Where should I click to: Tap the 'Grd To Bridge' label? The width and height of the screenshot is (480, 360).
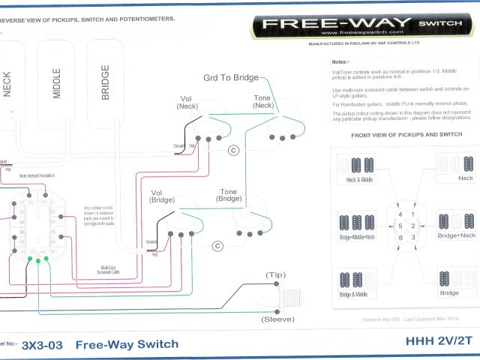click(231, 78)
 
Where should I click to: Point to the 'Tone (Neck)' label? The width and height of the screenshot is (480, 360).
click(263, 102)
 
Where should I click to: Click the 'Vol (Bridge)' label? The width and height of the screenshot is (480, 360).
click(163, 197)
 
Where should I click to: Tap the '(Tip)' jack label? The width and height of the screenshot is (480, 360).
click(276, 275)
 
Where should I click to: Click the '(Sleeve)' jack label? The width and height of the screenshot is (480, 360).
click(277, 319)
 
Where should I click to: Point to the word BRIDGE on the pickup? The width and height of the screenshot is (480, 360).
click(105, 82)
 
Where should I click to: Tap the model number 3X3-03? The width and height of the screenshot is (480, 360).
click(43, 345)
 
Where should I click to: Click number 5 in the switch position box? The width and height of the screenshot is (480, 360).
click(400, 226)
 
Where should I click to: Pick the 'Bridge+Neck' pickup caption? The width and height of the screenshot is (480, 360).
click(457, 235)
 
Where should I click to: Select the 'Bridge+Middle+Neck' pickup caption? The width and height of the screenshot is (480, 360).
click(358, 237)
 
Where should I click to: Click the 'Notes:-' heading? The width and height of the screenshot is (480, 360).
click(340, 61)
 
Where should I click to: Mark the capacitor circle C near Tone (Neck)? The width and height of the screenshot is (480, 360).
click(233, 151)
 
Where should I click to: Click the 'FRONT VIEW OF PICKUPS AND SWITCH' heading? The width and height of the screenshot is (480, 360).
click(400, 134)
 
